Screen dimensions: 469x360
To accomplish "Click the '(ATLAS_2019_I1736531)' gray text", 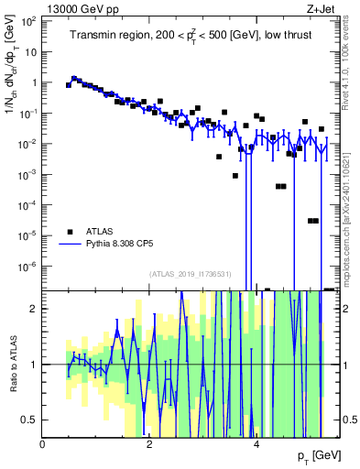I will (191, 274).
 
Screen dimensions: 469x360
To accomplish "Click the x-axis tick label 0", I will (43, 445).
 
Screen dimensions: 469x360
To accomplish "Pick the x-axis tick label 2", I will (150, 445).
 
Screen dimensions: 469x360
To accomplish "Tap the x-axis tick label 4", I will (257, 445).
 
